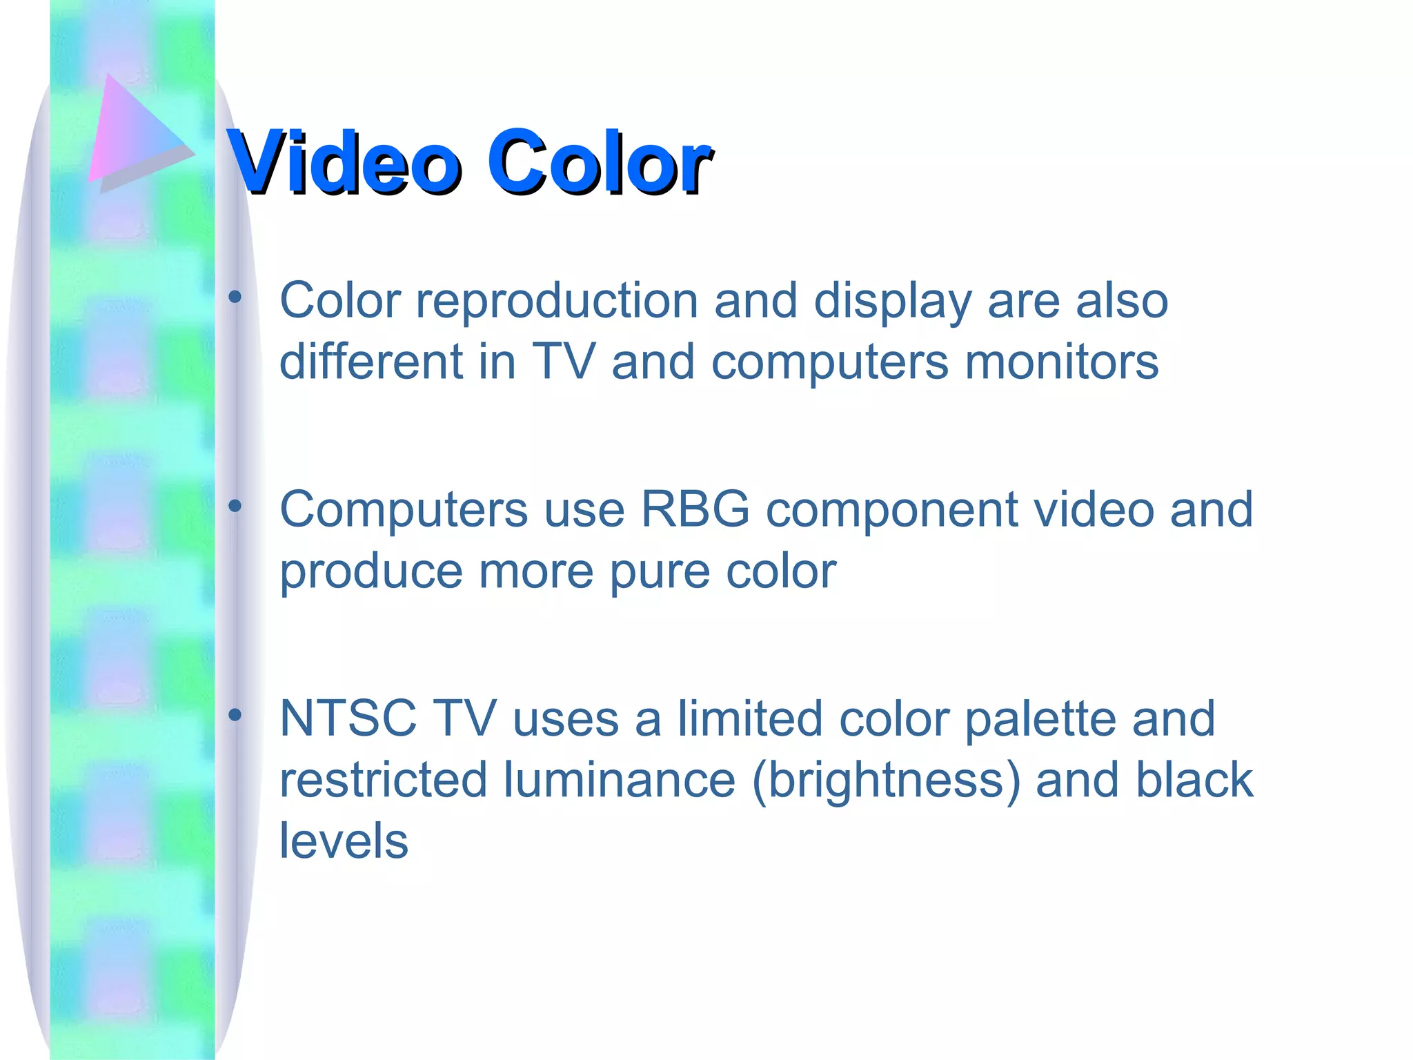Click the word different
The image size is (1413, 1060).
[370, 362]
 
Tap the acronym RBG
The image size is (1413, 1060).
[695, 510]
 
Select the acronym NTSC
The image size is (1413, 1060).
[348, 719]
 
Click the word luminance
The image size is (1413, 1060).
[619, 780]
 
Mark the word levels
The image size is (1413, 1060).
[344, 841]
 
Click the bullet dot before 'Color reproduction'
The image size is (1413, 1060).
[235, 297]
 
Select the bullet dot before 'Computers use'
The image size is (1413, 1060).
[235, 507]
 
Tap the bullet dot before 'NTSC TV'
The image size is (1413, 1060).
[235, 716]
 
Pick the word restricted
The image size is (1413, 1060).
[383, 780]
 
